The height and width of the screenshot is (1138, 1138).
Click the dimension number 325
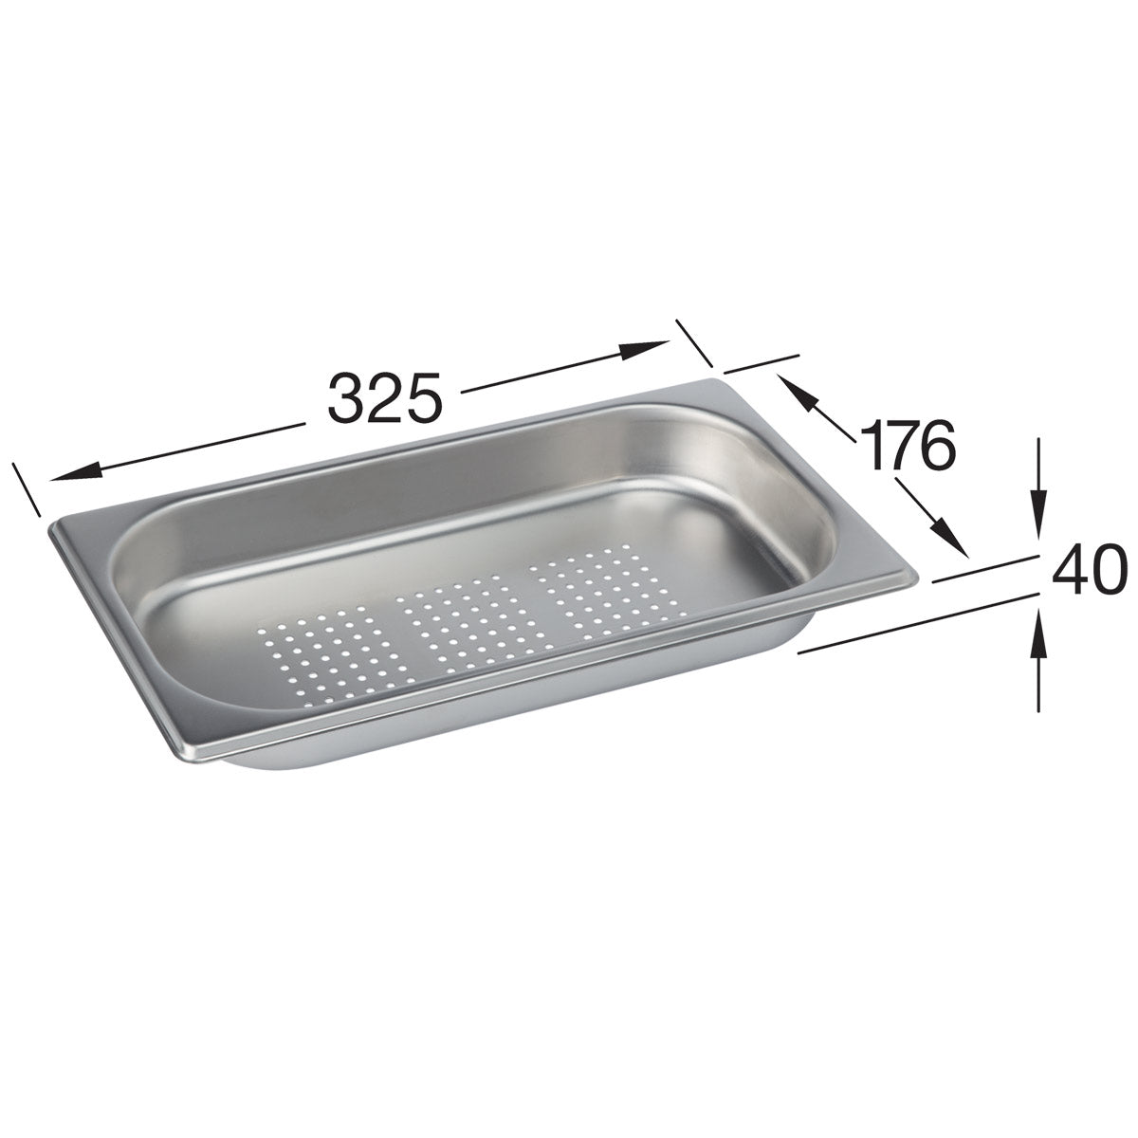[385, 397]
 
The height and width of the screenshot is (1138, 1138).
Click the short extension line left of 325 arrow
[27, 489]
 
